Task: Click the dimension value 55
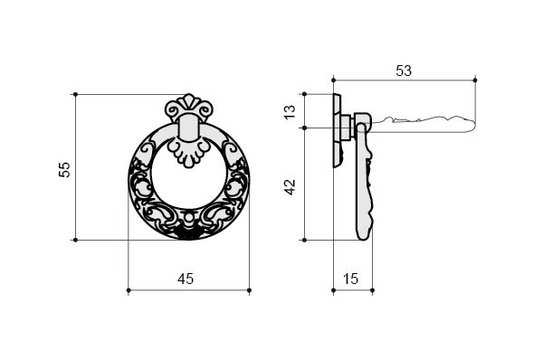(65, 170)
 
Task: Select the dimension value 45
(186, 279)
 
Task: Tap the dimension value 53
(404, 71)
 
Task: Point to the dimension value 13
(291, 112)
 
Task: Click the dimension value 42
(291, 187)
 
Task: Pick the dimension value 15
(351, 279)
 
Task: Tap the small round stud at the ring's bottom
(189, 218)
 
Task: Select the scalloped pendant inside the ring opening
(189, 154)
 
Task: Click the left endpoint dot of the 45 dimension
(129, 290)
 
